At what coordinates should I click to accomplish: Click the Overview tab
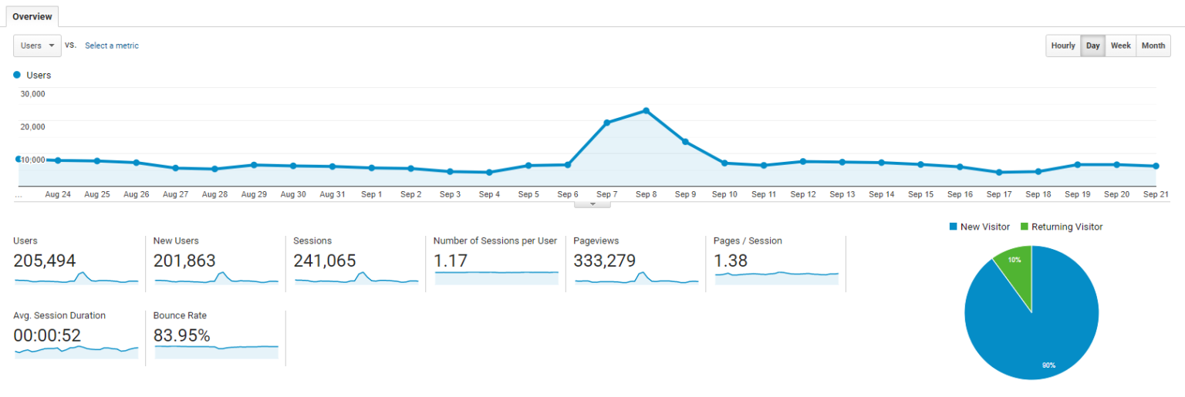pyautogui.click(x=32, y=16)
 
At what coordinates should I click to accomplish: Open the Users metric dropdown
pyautogui.click(x=38, y=45)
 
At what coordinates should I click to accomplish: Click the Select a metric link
pyautogui.click(x=112, y=45)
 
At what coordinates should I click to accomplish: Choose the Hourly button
pyautogui.click(x=1062, y=45)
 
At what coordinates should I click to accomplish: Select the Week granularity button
pyautogui.click(x=1120, y=45)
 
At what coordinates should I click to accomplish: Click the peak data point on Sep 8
pyautogui.click(x=646, y=111)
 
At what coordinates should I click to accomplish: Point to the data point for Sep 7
pyautogui.click(x=607, y=123)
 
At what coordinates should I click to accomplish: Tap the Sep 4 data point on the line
pyautogui.click(x=489, y=173)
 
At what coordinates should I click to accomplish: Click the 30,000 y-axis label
pyautogui.click(x=32, y=94)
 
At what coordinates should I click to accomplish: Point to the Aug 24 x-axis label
pyautogui.click(x=58, y=195)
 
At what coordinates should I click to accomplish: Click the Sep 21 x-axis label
pyautogui.click(x=1155, y=195)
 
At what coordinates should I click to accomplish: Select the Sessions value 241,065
pyautogui.click(x=324, y=261)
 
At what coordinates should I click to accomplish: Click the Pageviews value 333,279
pyautogui.click(x=605, y=261)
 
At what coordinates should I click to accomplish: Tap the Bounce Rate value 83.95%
pyautogui.click(x=181, y=335)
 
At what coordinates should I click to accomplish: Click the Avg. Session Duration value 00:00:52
pyautogui.click(x=47, y=335)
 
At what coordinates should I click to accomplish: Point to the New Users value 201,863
pyautogui.click(x=184, y=261)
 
